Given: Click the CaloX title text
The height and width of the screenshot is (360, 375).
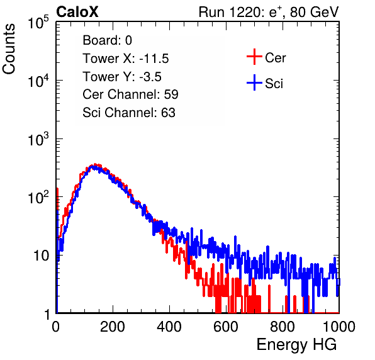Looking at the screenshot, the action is point(77,12).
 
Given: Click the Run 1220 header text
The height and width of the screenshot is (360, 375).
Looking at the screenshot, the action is point(269,12).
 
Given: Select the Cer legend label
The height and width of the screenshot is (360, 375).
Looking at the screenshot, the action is point(275,58).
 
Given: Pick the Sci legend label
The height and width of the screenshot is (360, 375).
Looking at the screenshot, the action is point(274,84).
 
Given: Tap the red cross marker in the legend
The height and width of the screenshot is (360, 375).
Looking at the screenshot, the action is point(254,57).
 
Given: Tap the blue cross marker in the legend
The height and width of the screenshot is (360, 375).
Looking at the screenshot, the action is point(254,82).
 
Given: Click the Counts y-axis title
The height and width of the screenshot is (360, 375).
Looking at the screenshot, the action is point(9,48).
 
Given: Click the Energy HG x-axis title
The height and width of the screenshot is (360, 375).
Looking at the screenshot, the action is point(296,345).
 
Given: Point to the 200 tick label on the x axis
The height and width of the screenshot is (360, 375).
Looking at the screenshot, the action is point(113,327).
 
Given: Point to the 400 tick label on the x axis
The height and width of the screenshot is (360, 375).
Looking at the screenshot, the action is point(169,327).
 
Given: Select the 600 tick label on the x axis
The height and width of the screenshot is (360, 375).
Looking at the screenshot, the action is point(226,327).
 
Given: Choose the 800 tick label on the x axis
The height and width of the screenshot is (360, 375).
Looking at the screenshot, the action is point(283,327).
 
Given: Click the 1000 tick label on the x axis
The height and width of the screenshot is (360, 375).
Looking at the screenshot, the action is point(339,327).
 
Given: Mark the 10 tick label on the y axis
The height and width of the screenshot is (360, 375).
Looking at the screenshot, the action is point(41,256).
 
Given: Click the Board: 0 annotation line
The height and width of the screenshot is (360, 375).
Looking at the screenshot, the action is point(107,40).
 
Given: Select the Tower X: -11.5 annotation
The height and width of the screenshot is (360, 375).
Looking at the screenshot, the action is point(126,59).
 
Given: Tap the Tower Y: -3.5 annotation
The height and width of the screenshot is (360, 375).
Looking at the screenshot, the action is point(122,77).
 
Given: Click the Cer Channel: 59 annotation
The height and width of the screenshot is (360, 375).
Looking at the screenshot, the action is point(130,94).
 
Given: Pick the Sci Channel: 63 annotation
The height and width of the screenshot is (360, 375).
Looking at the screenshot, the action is point(129,113).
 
